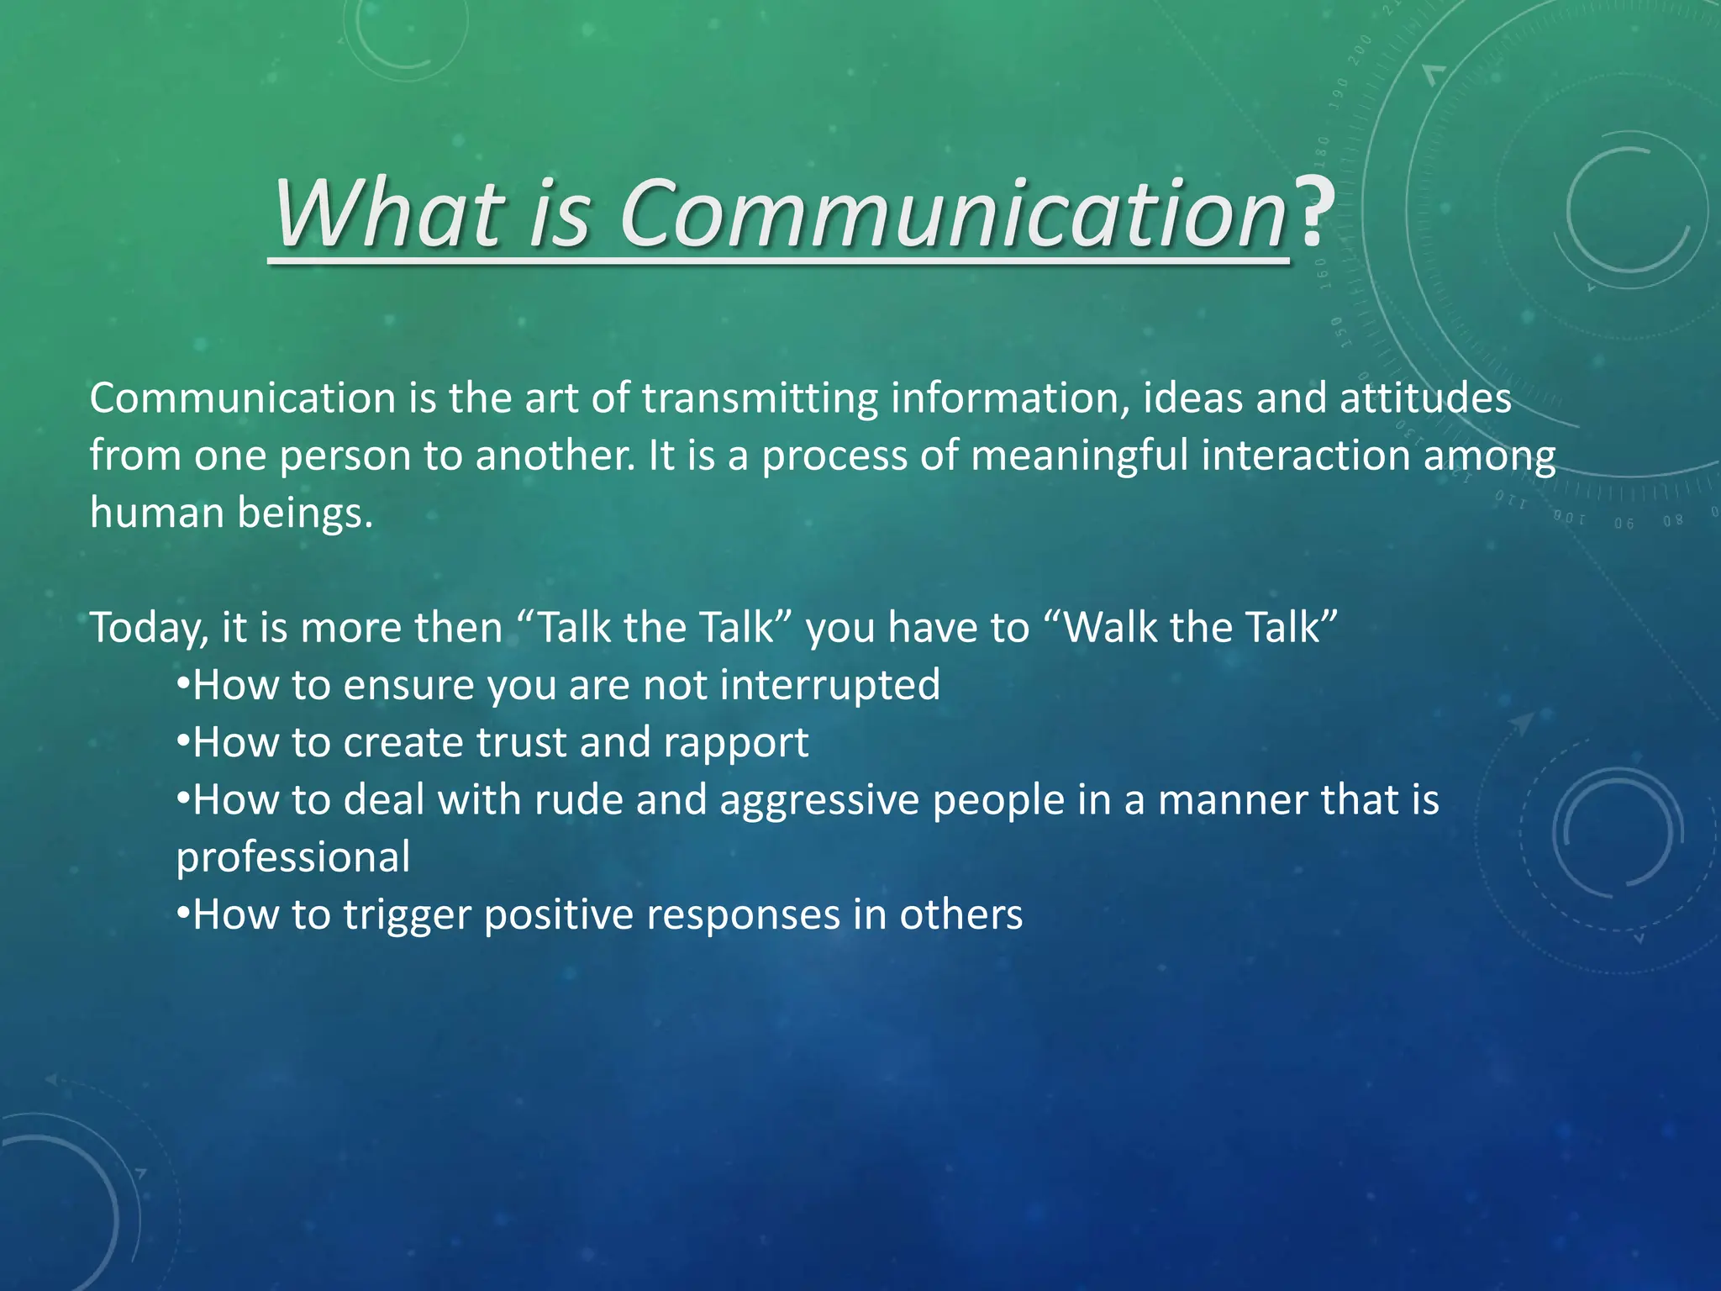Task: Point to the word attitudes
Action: pos(1425,398)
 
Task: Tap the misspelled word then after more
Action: pos(454,628)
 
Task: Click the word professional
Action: pos(293,857)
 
